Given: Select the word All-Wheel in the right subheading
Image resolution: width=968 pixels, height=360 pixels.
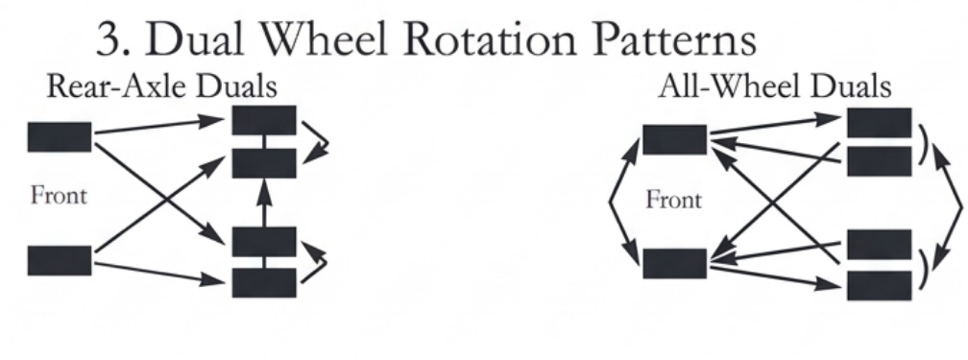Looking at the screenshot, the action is pyautogui.click(x=711, y=87).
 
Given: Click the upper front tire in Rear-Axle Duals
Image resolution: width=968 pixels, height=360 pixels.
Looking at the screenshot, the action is pyautogui.click(x=60, y=136).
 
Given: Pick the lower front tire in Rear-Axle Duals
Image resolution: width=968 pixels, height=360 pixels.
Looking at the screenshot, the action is pyautogui.click(x=60, y=260).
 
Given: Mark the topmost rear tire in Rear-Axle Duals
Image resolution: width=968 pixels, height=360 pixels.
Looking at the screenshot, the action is pyautogui.click(x=264, y=121).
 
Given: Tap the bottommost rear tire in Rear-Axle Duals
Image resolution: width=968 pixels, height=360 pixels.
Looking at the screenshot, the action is pyautogui.click(x=264, y=282).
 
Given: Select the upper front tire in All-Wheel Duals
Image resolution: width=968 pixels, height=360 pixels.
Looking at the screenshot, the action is pyautogui.click(x=674, y=139).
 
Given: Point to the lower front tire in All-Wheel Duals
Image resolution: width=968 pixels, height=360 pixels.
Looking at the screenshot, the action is pyautogui.click(x=674, y=262).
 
